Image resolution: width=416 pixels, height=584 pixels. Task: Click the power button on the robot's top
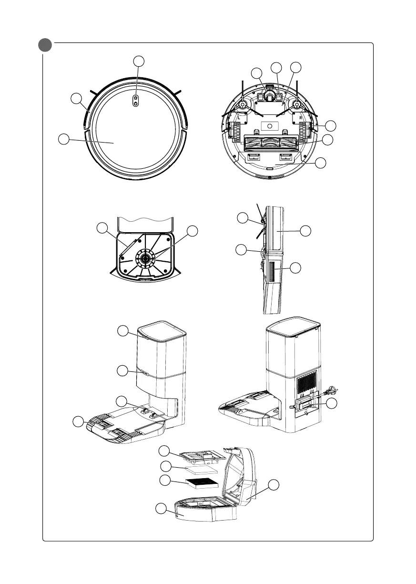tap(136, 100)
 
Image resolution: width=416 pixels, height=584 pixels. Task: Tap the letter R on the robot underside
tap(300, 115)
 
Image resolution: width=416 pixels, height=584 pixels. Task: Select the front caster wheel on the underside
tap(270, 97)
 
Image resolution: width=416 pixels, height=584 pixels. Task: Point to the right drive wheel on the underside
tap(305, 131)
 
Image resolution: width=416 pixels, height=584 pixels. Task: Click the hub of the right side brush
tap(297, 105)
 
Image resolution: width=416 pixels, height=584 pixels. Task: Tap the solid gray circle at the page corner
tap(45, 46)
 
